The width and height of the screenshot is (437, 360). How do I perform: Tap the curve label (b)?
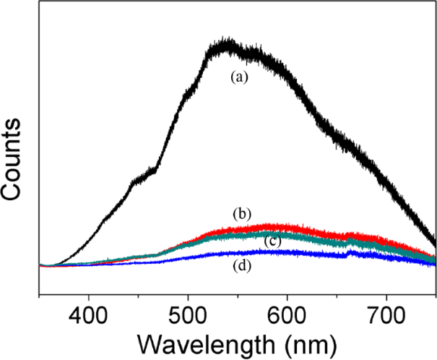tap(241, 214)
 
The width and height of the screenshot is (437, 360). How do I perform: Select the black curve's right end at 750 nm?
tap(435, 244)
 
